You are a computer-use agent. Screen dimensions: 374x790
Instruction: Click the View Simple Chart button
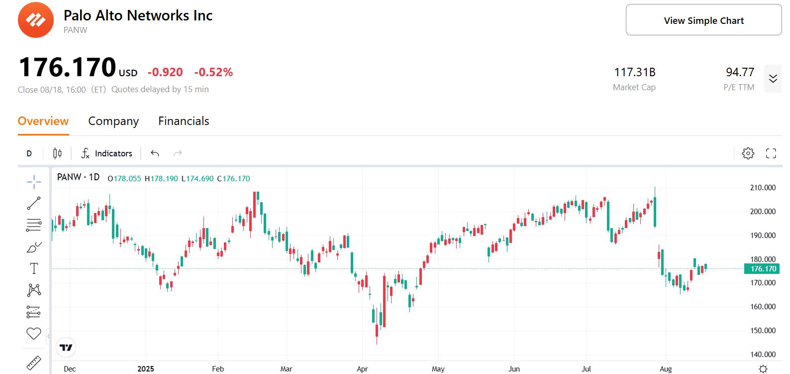coord(703,20)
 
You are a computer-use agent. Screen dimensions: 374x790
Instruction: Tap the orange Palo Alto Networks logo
coord(35,20)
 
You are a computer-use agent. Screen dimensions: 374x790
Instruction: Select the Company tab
coord(113,121)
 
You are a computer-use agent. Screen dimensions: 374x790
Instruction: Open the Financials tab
coord(184,121)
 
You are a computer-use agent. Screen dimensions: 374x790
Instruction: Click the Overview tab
coord(43,121)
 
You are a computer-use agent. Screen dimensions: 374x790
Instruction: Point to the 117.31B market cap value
coord(634,72)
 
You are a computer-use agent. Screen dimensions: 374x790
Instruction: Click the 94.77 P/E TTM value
coord(740,72)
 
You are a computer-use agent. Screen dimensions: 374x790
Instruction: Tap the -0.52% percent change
coord(213,72)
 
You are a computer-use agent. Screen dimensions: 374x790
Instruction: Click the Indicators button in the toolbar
coord(107,153)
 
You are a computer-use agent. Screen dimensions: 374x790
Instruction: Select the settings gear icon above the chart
coord(748,153)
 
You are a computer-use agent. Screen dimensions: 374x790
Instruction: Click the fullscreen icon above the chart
coord(771,153)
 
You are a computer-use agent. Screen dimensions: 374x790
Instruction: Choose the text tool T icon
coord(34,268)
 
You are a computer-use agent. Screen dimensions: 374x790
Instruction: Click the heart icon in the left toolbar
coord(34,334)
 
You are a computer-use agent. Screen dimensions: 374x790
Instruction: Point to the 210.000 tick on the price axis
coord(763,188)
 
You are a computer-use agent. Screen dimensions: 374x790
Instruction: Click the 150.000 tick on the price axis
coord(763,331)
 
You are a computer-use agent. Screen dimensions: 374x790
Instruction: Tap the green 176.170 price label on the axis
coord(763,269)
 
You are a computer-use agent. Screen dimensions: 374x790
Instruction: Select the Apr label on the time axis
coord(362,369)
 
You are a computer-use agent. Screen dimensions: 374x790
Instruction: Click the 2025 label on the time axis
coord(146,369)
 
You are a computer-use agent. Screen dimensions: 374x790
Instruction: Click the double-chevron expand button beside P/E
coord(773,79)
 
